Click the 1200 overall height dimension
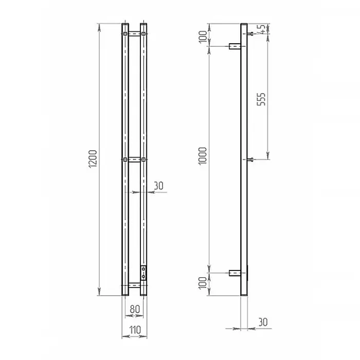click(93, 159)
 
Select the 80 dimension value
click(135, 309)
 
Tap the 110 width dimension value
click(135, 330)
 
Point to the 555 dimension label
click(261, 99)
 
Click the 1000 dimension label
click(203, 156)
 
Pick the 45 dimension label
click(262, 28)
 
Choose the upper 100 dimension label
click(203, 37)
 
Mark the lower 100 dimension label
click(203, 283)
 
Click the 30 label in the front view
click(158, 186)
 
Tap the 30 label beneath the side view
click(263, 322)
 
